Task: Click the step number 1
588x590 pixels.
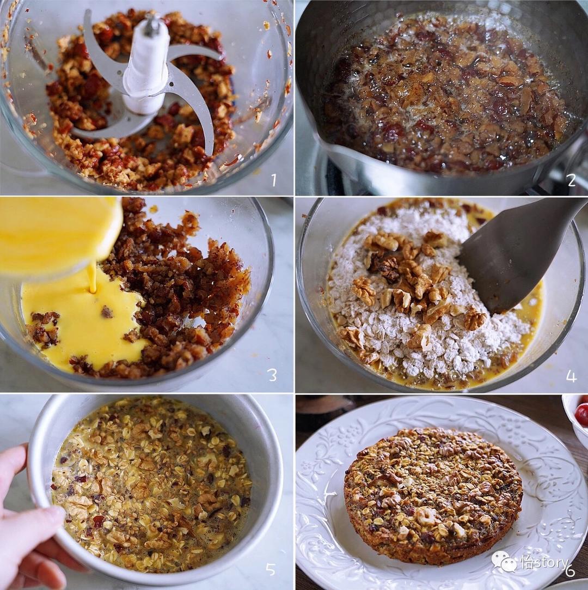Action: click(x=274, y=180)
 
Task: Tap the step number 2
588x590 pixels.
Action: click(x=572, y=180)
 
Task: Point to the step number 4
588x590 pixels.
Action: click(x=571, y=376)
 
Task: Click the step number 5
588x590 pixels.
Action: click(x=271, y=569)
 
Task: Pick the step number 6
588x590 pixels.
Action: click(x=571, y=570)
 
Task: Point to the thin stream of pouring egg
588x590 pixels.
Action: click(x=92, y=278)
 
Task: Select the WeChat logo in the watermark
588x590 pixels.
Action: click(x=505, y=562)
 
